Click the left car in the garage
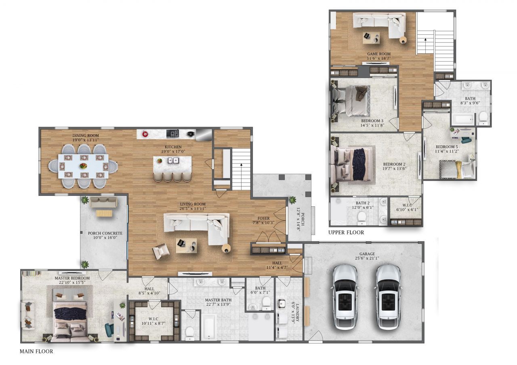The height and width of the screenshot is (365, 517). coord(345,297)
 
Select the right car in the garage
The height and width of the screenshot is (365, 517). coord(388,297)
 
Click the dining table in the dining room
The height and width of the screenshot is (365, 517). coord(83,166)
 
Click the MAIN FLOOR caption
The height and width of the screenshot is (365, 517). coord(36,351)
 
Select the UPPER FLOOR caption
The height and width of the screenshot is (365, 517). coord(346,233)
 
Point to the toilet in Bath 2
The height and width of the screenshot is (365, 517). coord(361,217)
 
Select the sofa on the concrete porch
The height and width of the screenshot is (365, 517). coord(103,203)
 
